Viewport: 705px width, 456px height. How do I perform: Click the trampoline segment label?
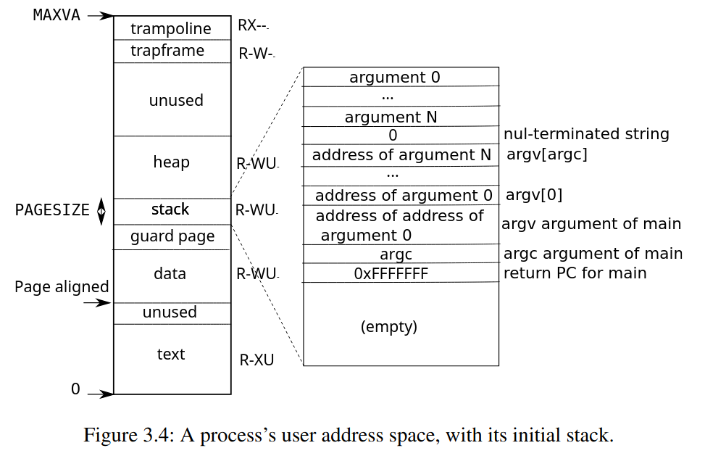(x=171, y=29)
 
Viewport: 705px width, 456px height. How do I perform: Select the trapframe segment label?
(x=167, y=51)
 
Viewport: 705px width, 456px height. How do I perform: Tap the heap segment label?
(x=171, y=162)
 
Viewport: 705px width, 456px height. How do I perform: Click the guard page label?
(x=172, y=236)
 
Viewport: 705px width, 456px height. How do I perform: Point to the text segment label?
(x=171, y=354)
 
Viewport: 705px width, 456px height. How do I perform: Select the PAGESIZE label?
(x=52, y=210)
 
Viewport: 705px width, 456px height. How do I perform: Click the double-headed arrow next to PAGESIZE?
(x=101, y=211)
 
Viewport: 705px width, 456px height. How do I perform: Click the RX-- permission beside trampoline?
(x=253, y=26)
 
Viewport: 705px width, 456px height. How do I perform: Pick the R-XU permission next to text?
(x=256, y=360)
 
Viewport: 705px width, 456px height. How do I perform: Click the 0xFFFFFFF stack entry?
(x=391, y=273)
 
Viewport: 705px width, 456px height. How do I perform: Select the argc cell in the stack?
(x=396, y=254)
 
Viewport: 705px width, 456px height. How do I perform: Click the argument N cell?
(x=391, y=117)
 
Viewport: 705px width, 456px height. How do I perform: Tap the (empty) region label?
(x=389, y=326)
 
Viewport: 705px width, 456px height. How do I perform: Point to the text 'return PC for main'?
(x=575, y=273)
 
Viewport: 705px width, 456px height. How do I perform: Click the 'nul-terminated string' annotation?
(x=586, y=134)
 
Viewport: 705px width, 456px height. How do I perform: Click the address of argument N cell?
(x=401, y=155)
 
